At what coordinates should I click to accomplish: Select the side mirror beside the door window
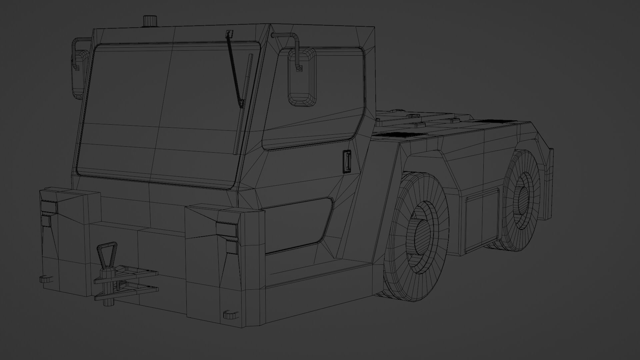pos(302,77)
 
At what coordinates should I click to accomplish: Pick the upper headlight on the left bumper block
pos(49,207)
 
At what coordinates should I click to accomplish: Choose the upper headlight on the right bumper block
pos(226,229)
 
